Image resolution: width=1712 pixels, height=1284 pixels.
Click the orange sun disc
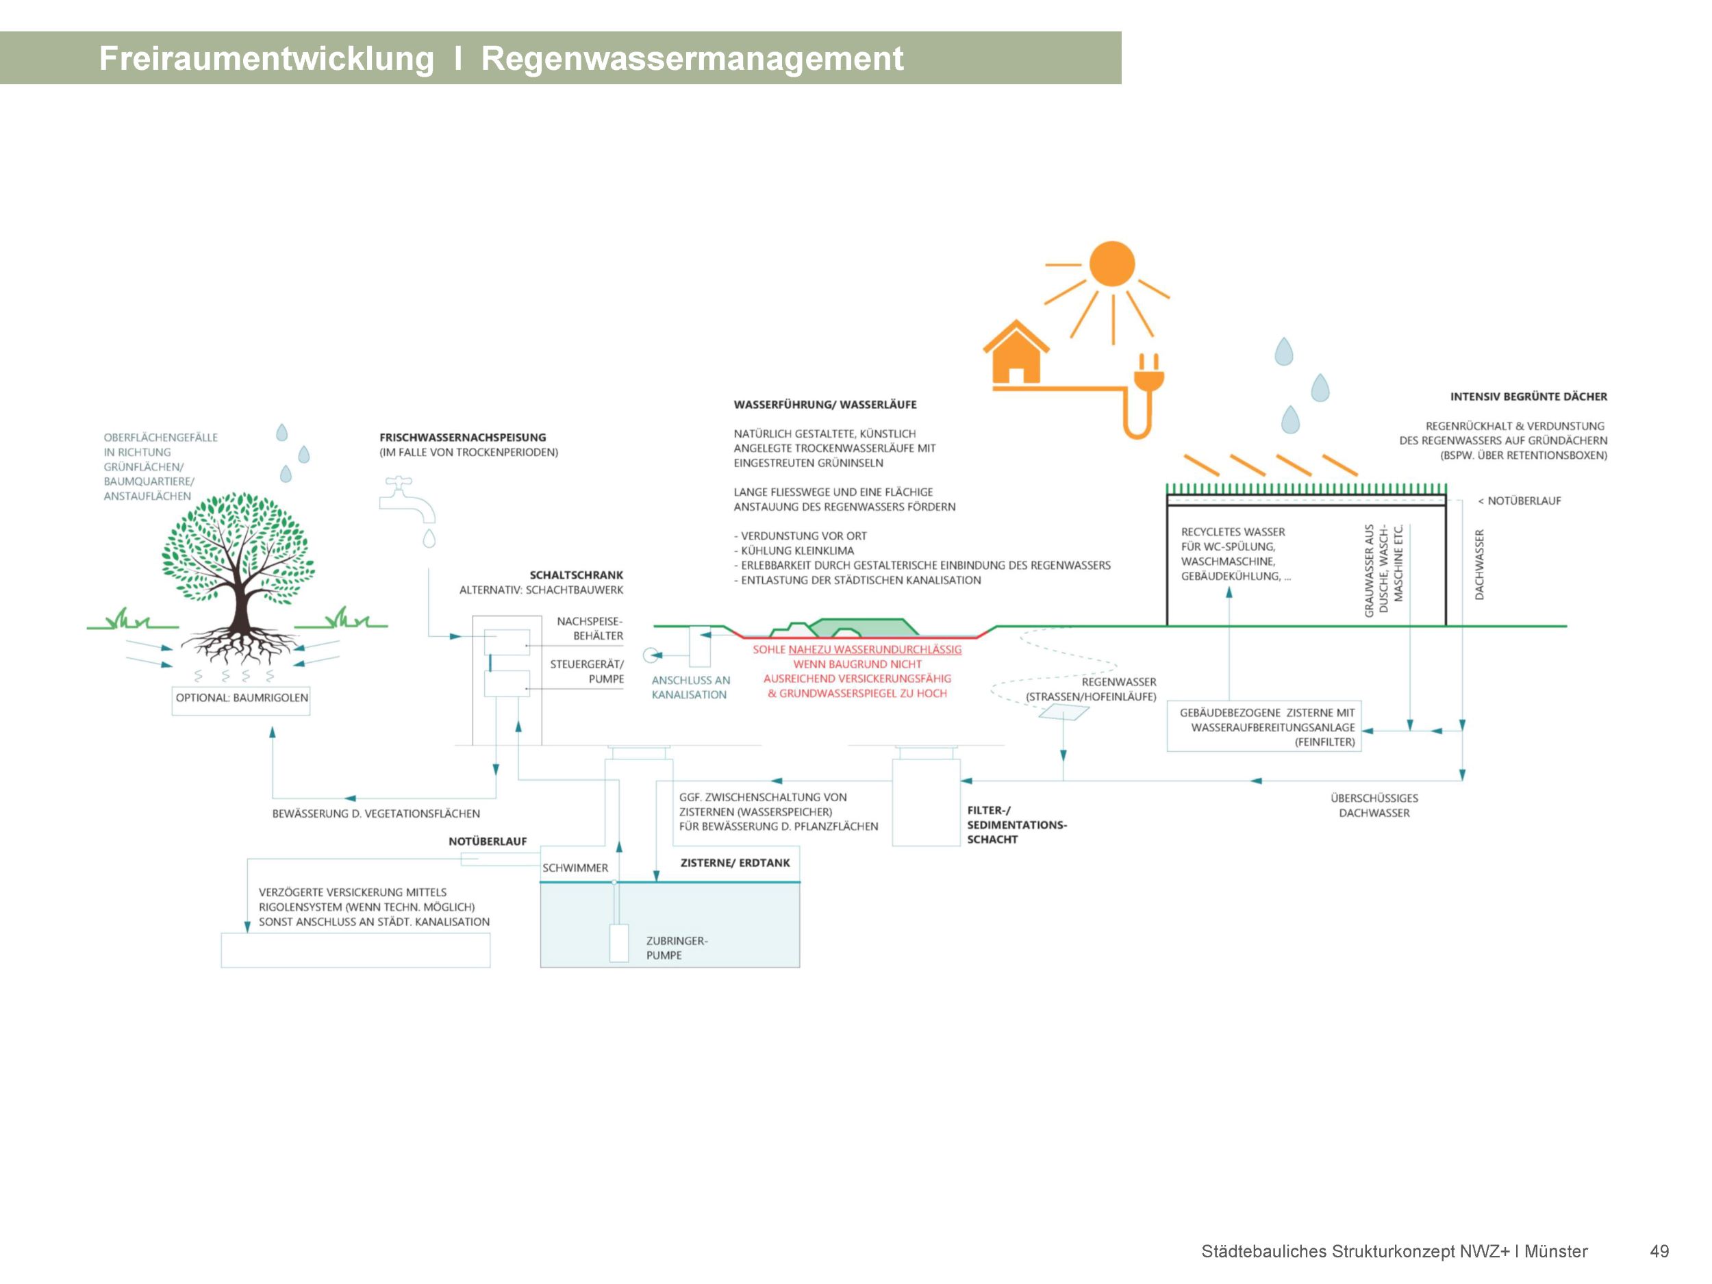pos(1111,264)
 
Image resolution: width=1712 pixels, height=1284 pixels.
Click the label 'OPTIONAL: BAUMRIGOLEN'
pos(242,698)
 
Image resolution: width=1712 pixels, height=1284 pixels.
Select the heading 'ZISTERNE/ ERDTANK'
pos(735,863)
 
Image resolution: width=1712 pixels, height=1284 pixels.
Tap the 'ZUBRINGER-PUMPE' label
pos(676,948)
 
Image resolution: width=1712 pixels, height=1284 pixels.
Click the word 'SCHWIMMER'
pos(575,868)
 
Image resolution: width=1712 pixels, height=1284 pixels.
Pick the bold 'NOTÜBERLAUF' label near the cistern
pos(488,842)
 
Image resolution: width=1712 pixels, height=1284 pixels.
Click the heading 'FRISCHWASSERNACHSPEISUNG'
pos(463,438)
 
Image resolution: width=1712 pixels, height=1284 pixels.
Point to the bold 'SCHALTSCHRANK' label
pos(576,575)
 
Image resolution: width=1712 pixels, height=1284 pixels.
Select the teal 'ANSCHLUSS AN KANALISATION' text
pos(690,688)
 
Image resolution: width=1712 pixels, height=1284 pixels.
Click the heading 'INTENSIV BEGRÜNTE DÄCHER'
pos(1528,397)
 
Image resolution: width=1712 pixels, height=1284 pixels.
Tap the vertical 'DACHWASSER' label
pos(1479,564)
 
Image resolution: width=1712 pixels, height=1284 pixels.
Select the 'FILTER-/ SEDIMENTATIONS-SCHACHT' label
pos(1016,825)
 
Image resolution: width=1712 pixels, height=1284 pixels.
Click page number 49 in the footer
pos(1659,1252)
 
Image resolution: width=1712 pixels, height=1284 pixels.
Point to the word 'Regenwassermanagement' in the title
pos(692,59)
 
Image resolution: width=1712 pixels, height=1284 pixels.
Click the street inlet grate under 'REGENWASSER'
pos(1063,712)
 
